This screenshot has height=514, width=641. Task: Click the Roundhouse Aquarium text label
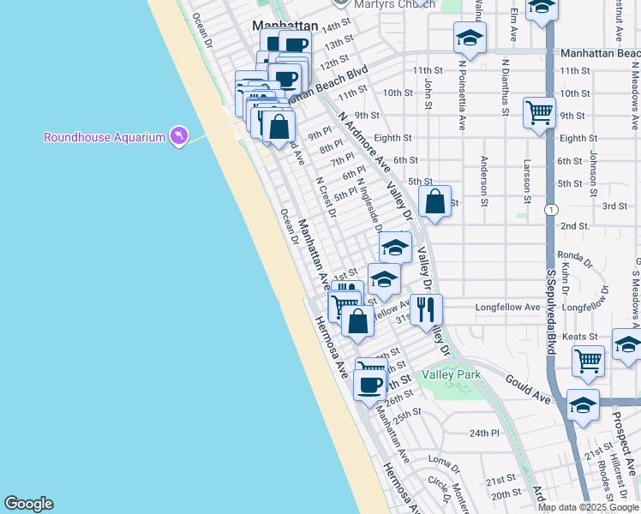[x=104, y=137]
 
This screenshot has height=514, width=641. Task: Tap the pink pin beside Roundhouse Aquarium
[x=178, y=136]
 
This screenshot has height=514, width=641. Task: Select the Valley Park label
[x=452, y=375]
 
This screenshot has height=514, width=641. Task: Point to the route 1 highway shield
[x=550, y=209]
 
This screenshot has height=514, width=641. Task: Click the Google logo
[x=28, y=504]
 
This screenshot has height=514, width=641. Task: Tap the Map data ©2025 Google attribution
[x=588, y=506]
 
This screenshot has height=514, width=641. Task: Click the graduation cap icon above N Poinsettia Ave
[x=470, y=38]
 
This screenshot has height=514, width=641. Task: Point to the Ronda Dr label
[x=575, y=255]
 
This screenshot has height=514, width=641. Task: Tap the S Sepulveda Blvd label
[x=551, y=308]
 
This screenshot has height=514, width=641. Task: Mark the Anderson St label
[x=484, y=175]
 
